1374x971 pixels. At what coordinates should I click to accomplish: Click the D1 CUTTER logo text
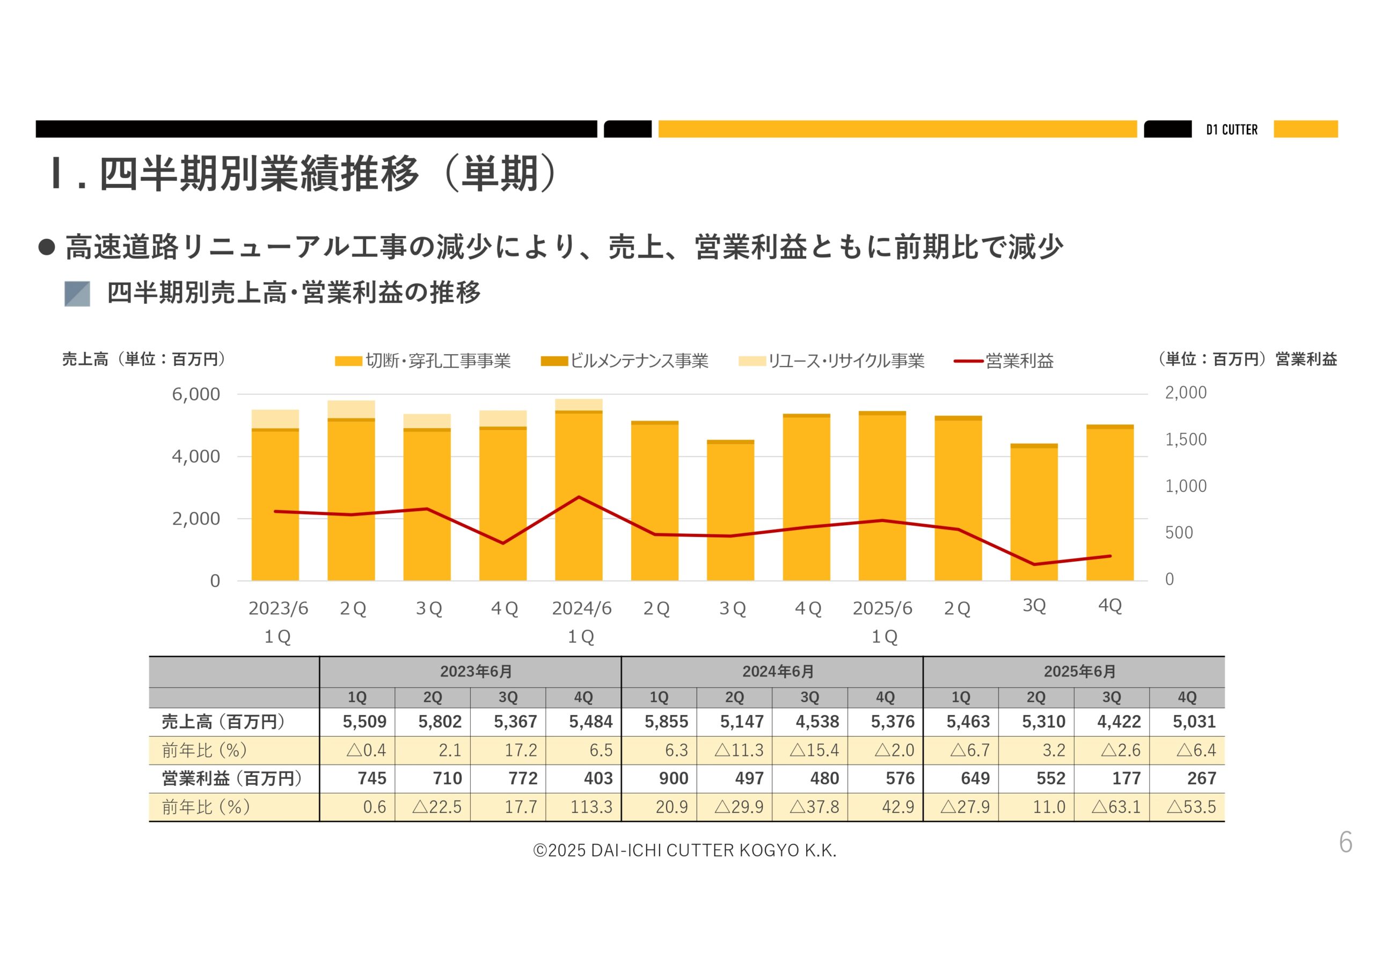pos(1232,130)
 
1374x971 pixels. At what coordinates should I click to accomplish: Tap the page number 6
pos(1345,843)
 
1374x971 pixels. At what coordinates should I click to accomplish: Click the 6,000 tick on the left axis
pos(196,394)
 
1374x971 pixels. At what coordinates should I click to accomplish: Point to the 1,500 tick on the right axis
pos(1186,440)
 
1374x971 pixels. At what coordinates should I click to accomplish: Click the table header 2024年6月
pos(777,672)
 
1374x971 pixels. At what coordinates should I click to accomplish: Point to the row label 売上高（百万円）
pos(223,722)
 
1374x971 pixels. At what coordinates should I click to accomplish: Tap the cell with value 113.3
pos(590,807)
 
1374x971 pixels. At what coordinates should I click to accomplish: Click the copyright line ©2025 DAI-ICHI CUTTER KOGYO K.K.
pos(685,850)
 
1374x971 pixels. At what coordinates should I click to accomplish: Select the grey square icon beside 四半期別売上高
pos(77,294)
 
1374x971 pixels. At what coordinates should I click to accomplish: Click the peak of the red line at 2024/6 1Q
pos(579,497)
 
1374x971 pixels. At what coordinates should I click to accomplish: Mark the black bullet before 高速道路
pos(47,247)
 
